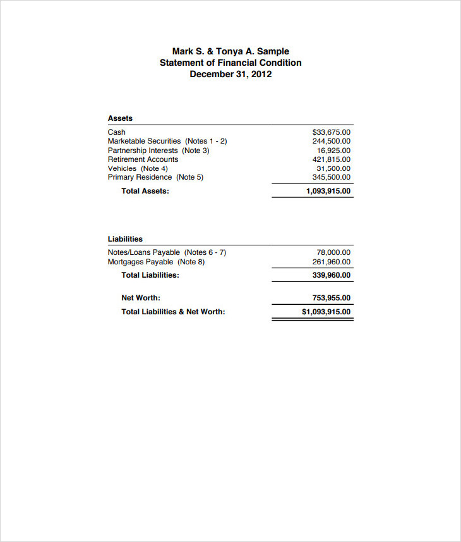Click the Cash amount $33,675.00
331,132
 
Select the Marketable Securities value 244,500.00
331,141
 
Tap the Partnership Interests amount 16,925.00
333,151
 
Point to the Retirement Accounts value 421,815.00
331,159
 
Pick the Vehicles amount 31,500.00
333,168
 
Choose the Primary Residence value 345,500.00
331,177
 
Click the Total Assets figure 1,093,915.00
328,191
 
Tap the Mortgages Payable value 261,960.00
331,262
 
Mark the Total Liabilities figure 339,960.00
331,275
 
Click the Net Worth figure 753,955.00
331,298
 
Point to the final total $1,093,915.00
326,312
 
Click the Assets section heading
120,118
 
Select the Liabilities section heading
125,239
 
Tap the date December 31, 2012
230,74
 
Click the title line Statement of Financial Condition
230,63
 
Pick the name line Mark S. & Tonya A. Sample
230,51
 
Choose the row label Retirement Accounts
143,159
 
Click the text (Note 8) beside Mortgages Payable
191,262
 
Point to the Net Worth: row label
141,298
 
